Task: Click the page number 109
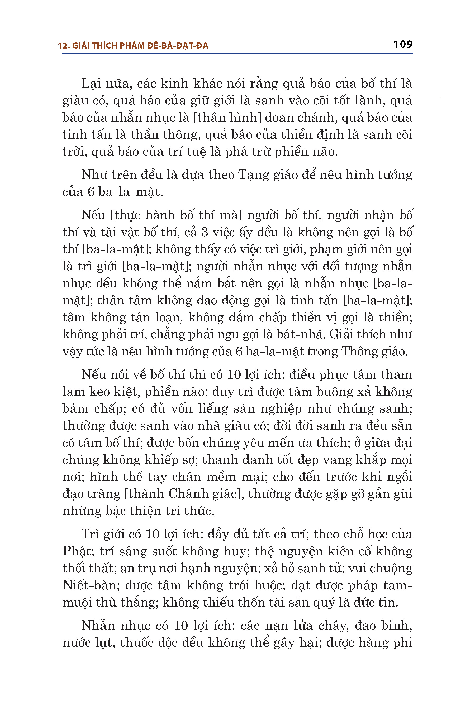tap(403, 45)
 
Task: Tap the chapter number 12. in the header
tap(64, 46)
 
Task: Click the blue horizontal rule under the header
tap(237, 54)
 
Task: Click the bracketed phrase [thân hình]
tap(227, 117)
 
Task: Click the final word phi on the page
tap(403, 643)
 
